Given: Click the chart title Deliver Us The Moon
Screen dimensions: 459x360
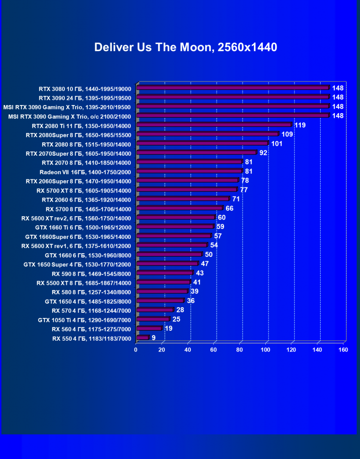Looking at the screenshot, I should [x=185, y=47].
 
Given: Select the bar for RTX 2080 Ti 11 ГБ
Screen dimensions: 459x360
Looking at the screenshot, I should [x=214, y=125].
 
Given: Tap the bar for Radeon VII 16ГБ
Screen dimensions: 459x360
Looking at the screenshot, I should [x=189, y=171].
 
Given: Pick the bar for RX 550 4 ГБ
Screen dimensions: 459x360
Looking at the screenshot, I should [x=143, y=338].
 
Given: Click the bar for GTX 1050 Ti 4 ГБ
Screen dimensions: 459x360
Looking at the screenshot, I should [x=153, y=319].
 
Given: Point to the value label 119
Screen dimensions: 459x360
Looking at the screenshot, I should [x=300, y=125].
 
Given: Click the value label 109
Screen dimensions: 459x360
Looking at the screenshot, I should [x=287, y=134].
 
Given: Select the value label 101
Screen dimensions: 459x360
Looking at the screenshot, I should [x=277, y=144].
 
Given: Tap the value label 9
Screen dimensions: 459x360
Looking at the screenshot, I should [x=153, y=338].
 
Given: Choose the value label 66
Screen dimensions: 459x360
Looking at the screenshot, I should [x=229, y=209].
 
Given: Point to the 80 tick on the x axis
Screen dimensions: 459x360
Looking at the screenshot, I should [x=240, y=350].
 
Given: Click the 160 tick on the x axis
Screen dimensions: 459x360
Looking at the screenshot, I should [x=343, y=350].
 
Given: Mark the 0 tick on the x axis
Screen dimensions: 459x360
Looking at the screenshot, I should [x=136, y=350].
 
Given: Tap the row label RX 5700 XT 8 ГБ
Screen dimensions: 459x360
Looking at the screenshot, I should [x=84, y=190].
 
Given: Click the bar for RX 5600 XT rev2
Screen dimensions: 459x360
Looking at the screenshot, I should [x=176, y=218].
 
